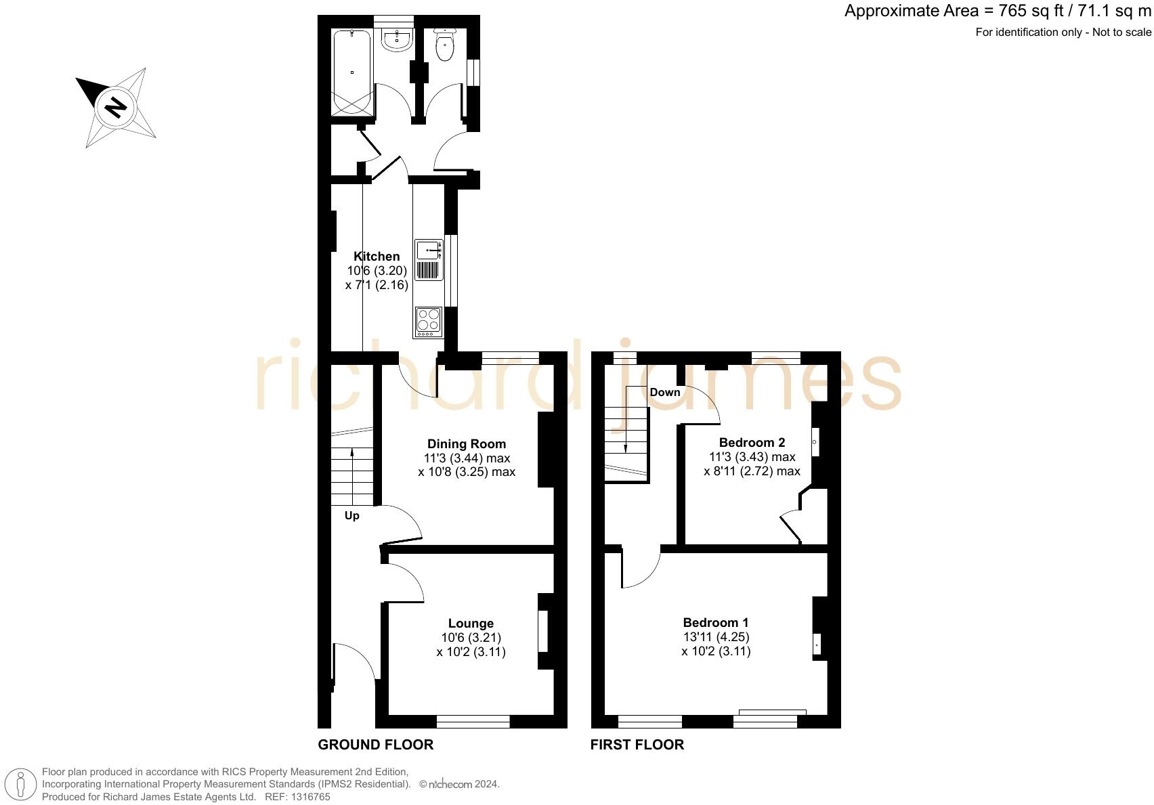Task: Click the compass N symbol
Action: click(116, 107)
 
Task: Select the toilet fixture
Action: click(445, 46)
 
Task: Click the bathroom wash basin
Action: click(397, 40)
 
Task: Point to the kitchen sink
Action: click(428, 251)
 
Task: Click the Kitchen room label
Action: click(377, 257)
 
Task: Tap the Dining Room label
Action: click(466, 444)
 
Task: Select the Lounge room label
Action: click(471, 624)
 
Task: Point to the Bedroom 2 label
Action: click(752, 443)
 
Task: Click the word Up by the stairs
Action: click(352, 516)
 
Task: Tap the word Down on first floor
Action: click(665, 393)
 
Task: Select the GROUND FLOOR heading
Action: click(376, 745)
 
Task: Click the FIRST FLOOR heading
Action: click(637, 745)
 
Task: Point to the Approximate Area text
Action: click(998, 12)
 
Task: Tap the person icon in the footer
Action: click(22, 785)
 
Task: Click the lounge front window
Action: click(473, 721)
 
